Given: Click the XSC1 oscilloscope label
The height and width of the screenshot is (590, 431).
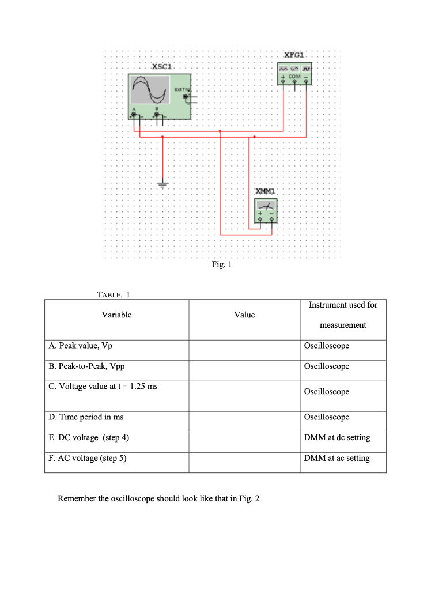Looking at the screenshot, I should [162, 67].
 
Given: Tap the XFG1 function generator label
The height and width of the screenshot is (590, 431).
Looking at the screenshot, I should [294, 54].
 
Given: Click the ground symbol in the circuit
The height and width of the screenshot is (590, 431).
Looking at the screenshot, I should [162, 185].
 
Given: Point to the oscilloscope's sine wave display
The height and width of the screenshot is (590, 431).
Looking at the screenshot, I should [149, 89].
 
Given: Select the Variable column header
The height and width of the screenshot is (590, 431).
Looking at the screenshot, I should [116, 315].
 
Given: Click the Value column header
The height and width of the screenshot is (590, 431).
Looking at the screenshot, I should [244, 315].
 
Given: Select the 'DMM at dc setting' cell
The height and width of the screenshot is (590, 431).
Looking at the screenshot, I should [337, 437].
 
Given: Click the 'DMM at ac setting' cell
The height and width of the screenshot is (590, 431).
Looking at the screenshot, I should [337, 458].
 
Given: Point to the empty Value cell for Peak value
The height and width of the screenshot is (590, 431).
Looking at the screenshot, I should [244, 346].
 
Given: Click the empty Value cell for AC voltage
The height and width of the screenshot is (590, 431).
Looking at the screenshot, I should [244, 459].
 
